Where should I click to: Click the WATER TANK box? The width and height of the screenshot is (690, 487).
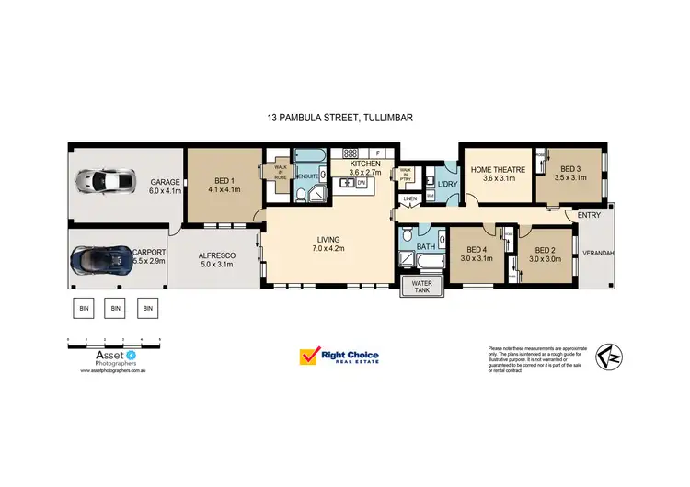click(x=421, y=288)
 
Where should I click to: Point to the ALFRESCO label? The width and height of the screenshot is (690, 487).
click(x=219, y=259)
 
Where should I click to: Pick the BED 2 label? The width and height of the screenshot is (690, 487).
click(x=546, y=254)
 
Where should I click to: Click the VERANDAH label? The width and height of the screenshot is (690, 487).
click(x=598, y=253)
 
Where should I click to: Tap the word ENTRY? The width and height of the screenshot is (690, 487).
click(x=590, y=215)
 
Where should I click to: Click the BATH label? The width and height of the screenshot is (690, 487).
click(x=426, y=248)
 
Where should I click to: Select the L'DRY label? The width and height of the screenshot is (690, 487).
click(x=447, y=185)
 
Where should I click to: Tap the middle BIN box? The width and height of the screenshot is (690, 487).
click(x=115, y=309)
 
